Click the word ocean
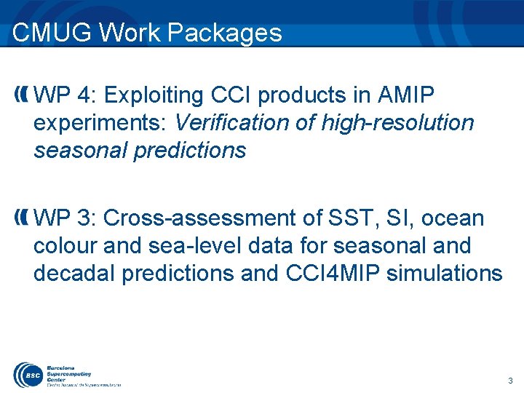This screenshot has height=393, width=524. coord(453,218)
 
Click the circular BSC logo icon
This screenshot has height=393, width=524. coord(26,373)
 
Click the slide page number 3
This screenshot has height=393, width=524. coord(510,381)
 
